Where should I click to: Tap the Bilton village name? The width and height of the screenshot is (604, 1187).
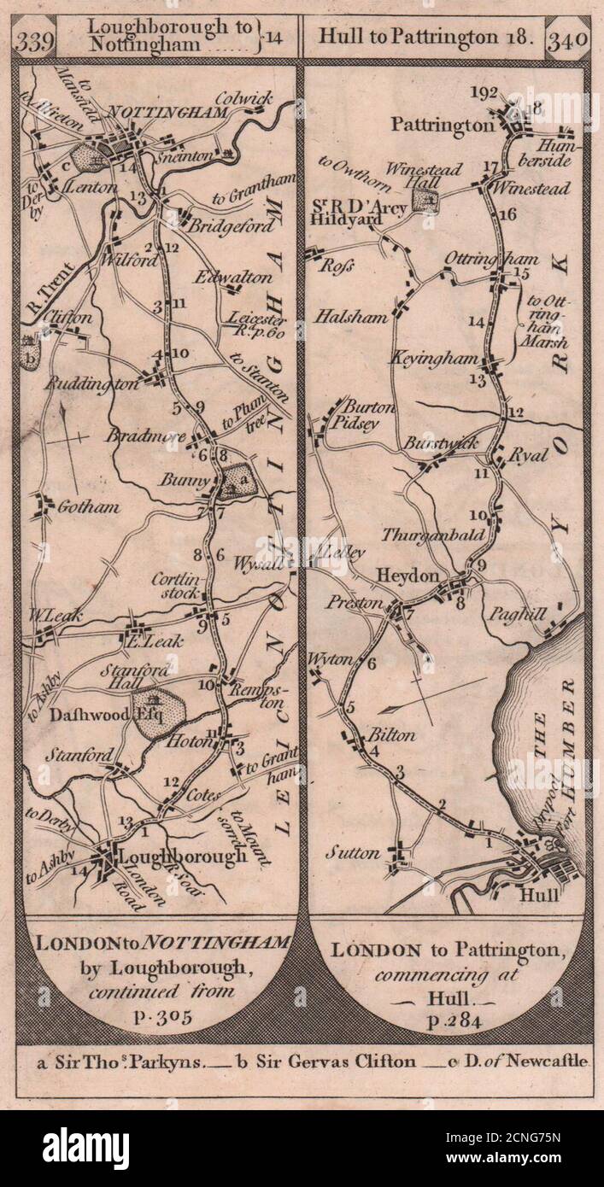[x=392, y=735]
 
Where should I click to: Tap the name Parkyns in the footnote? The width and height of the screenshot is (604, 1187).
[x=174, y=1061]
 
